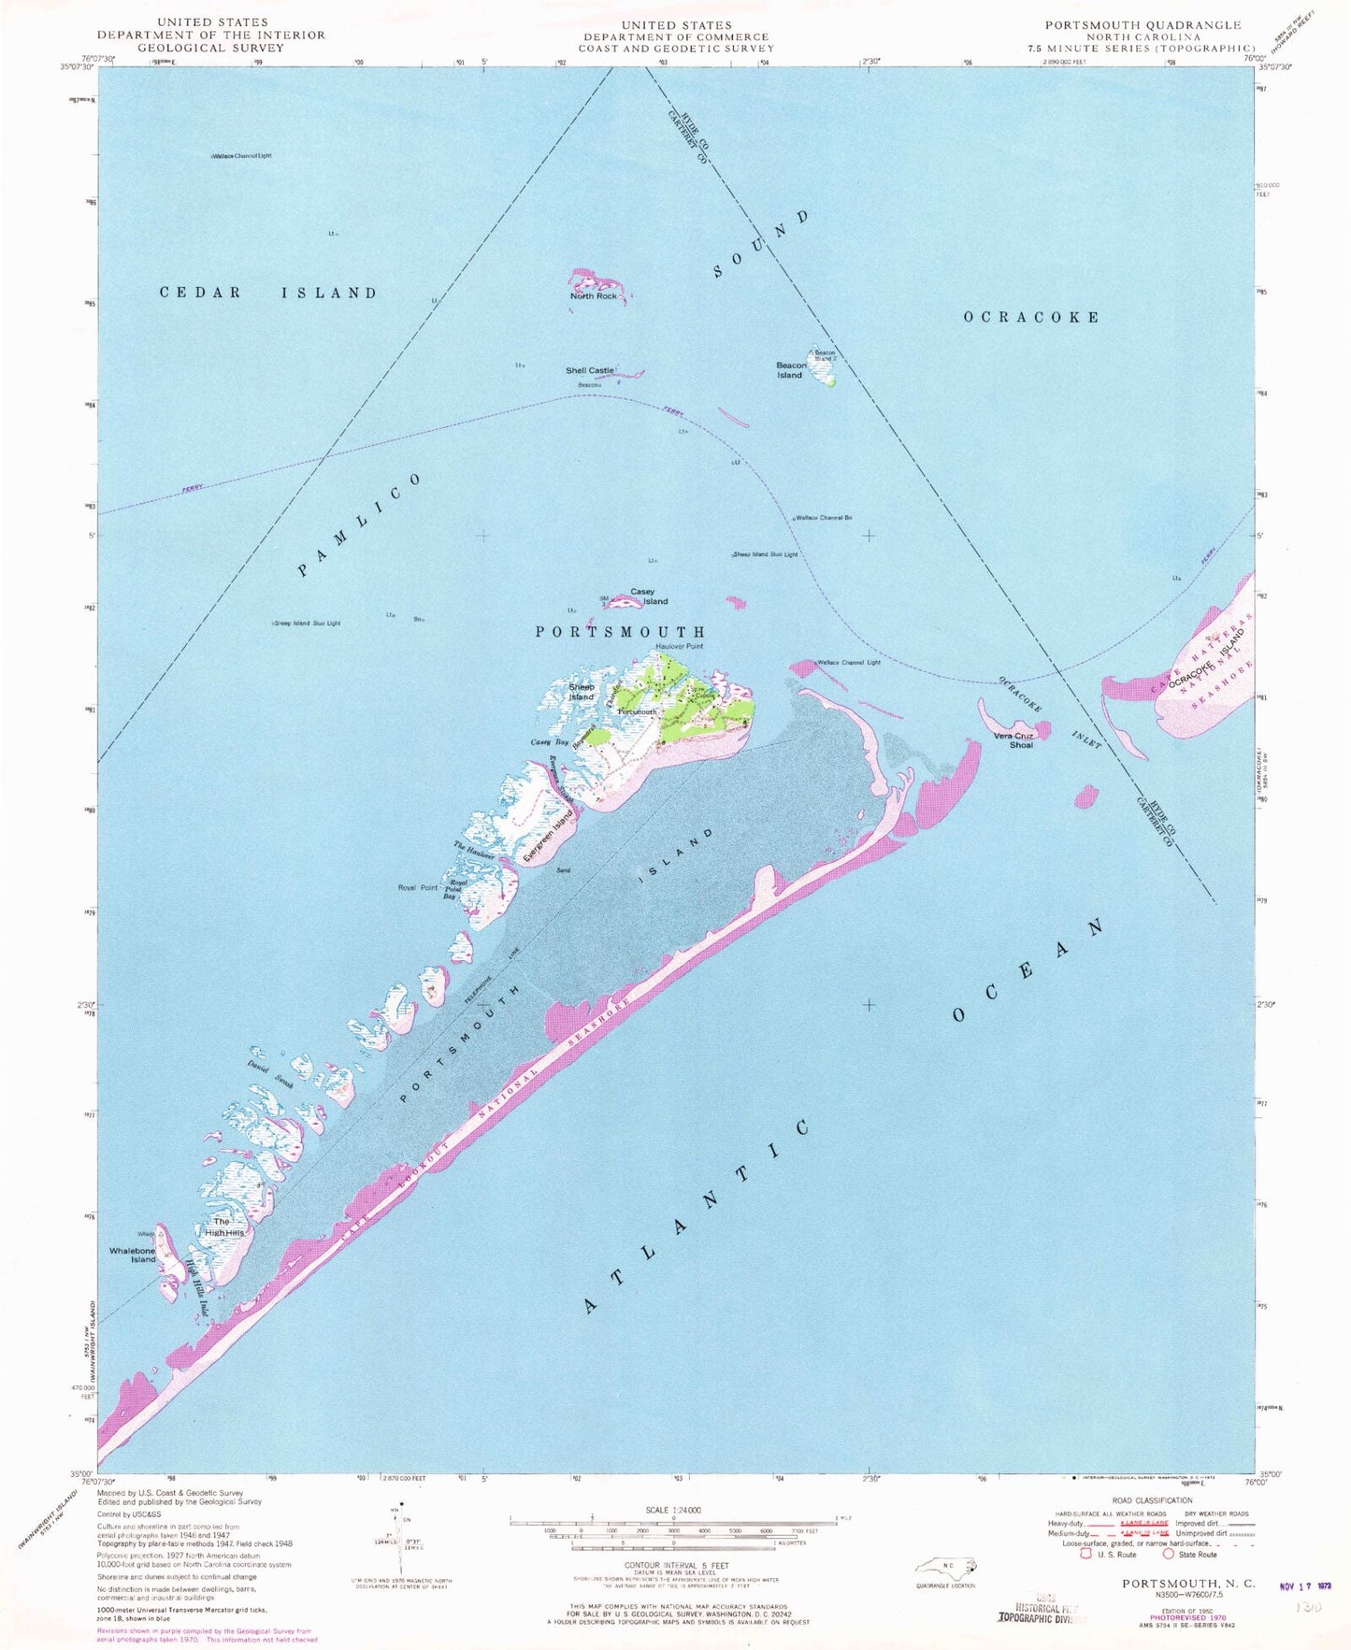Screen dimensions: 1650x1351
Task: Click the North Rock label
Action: [x=594, y=296]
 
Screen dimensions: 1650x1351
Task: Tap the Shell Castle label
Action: [x=590, y=370]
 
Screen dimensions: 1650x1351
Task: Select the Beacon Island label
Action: [x=790, y=370]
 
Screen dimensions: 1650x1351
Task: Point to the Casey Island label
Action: [x=648, y=596]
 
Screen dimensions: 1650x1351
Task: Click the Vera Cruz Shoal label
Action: [x=1013, y=740]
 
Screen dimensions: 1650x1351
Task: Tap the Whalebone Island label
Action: [x=132, y=1255]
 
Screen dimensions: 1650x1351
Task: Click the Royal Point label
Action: [x=418, y=887]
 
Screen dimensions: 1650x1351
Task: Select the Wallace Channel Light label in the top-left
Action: [x=241, y=156]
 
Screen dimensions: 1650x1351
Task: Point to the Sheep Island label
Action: [x=581, y=692]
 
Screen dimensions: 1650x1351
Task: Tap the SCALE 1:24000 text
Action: [x=673, y=1510]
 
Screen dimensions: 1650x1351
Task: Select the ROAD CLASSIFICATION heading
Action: [x=1152, y=1500]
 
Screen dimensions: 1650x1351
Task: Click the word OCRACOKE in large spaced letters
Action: [x=1031, y=317]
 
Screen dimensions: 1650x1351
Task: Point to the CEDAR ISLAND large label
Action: [x=268, y=293]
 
